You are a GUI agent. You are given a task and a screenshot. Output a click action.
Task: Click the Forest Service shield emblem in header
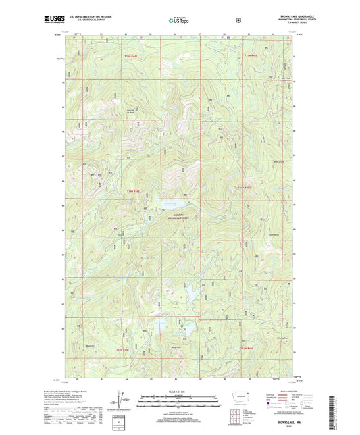(x=238, y=20)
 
